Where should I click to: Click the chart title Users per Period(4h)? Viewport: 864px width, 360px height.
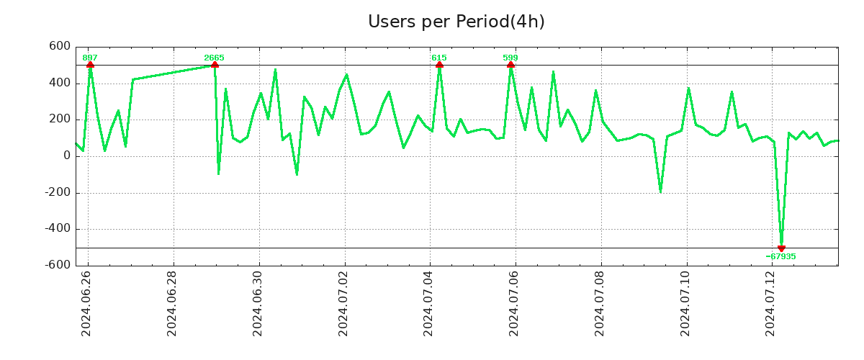pos(456,22)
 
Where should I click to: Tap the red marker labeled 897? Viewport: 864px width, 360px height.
pos(90,65)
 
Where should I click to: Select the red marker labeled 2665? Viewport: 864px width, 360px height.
pos(215,65)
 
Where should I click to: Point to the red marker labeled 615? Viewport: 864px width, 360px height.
pos(439,65)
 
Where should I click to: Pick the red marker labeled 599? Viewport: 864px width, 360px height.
pos(510,65)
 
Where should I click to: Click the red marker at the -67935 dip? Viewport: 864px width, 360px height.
pos(781,248)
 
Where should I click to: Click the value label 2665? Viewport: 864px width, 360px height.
pos(214,58)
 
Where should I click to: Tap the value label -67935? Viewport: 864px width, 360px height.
pos(780,256)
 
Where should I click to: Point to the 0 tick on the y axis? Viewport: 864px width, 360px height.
pos(66,156)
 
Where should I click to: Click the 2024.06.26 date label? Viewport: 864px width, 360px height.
pos(87,303)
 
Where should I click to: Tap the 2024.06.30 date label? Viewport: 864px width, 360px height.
pos(258,303)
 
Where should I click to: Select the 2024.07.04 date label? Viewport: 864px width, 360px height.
pos(430,303)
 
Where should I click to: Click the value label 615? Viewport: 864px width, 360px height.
pos(438,58)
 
